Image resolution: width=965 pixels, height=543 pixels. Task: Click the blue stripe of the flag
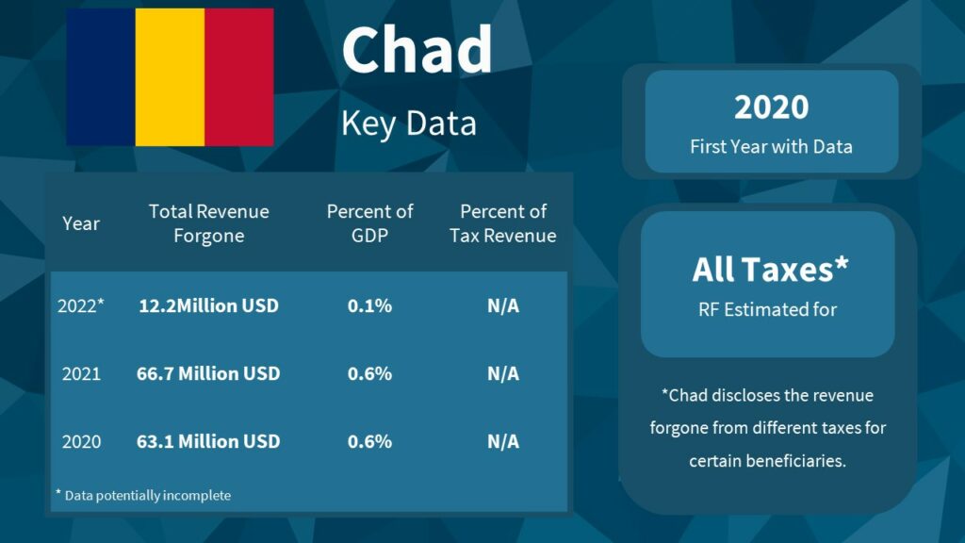[x=101, y=77]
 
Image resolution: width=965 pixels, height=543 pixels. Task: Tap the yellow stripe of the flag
[x=170, y=77]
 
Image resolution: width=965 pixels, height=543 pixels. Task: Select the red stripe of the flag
[x=239, y=77]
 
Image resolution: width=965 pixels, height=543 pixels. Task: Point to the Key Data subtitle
[x=409, y=123]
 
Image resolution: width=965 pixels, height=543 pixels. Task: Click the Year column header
[x=81, y=223]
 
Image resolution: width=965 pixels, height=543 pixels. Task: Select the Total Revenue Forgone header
[x=208, y=223]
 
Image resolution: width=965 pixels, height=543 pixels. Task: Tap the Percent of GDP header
[x=369, y=223]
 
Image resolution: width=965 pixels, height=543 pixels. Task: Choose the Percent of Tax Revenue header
[x=503, y=223]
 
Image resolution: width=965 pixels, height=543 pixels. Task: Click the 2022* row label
[x=81, y=305]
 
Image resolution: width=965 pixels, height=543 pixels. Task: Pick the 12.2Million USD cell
[x=208, y=305]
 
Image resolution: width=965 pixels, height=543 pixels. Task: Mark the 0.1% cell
[x=369, y=305]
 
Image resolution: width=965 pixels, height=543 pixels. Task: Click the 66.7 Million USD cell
[x=208, y=373]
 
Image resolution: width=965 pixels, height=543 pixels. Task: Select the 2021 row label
[x=81, y=373]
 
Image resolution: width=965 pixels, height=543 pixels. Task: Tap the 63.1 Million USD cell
[x=208, y=441]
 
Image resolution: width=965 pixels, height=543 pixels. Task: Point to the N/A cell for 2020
[x=503, y=441]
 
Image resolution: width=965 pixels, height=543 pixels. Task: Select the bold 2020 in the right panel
[x=771, y=107]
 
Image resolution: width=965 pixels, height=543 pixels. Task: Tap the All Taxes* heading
[x=770, y=269]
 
